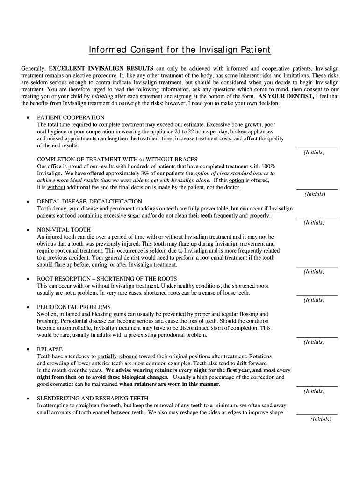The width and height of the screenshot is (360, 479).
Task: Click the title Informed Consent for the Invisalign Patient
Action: (180, 50)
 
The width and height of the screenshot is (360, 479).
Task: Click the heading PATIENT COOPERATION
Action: (71, 117)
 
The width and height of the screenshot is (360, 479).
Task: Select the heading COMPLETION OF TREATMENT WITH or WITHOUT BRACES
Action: (117, 160)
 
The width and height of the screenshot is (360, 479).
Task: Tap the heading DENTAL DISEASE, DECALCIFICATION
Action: (89, 202)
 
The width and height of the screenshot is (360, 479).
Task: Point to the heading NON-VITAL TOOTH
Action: (64, 230)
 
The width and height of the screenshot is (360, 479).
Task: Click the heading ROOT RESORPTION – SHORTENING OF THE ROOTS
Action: (107, 279)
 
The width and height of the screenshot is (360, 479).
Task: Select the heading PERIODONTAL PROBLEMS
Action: (74, 307)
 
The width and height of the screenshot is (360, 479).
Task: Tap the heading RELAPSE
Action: (50, 349)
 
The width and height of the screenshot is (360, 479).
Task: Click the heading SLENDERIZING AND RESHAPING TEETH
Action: (93, 399)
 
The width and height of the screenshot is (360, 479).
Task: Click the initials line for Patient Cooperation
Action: (317, 147)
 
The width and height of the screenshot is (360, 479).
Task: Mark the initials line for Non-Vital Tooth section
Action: (317, 266)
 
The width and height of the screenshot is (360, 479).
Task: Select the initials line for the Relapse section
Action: (317, 386)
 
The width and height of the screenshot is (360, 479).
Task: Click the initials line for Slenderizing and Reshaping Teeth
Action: (317, 414)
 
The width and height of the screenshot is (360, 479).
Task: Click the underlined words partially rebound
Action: (117, 356)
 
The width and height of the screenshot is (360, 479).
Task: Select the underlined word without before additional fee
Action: (56, 188)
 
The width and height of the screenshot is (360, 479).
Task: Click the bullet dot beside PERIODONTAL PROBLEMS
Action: (29, 307)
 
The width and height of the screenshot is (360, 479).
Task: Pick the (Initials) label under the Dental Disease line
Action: (314, 223)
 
